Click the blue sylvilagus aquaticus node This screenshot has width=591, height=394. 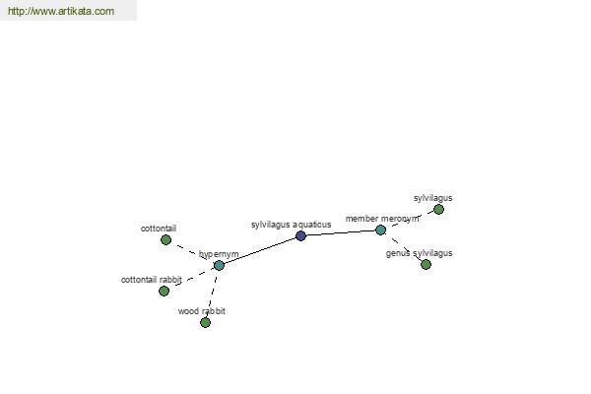point(300,236)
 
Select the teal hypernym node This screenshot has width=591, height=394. point(219,265)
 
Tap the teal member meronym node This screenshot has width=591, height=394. point(380,230)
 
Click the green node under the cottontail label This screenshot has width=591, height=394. point(165,239)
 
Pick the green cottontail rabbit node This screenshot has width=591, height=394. point(164,292)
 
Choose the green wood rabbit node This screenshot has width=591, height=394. point(205,323)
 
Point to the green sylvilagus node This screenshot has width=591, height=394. point(438,209)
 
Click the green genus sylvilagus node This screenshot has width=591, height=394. point(426,264)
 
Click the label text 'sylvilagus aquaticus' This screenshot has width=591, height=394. point(291,225)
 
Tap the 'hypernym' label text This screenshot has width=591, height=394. point(219,254)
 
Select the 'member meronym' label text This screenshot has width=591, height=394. point(382,219)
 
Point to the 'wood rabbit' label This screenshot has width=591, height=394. point(202,311)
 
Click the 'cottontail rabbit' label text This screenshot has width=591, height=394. point(152,280)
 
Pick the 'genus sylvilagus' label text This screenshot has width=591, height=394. point(420,253)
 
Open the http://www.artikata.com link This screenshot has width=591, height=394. point(61,11)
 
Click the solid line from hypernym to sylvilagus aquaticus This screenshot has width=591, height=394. point(260,251)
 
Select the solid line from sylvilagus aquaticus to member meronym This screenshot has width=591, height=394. point(341,233)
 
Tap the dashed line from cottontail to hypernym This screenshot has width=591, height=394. point(191,252)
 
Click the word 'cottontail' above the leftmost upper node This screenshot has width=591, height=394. point(159,229)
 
